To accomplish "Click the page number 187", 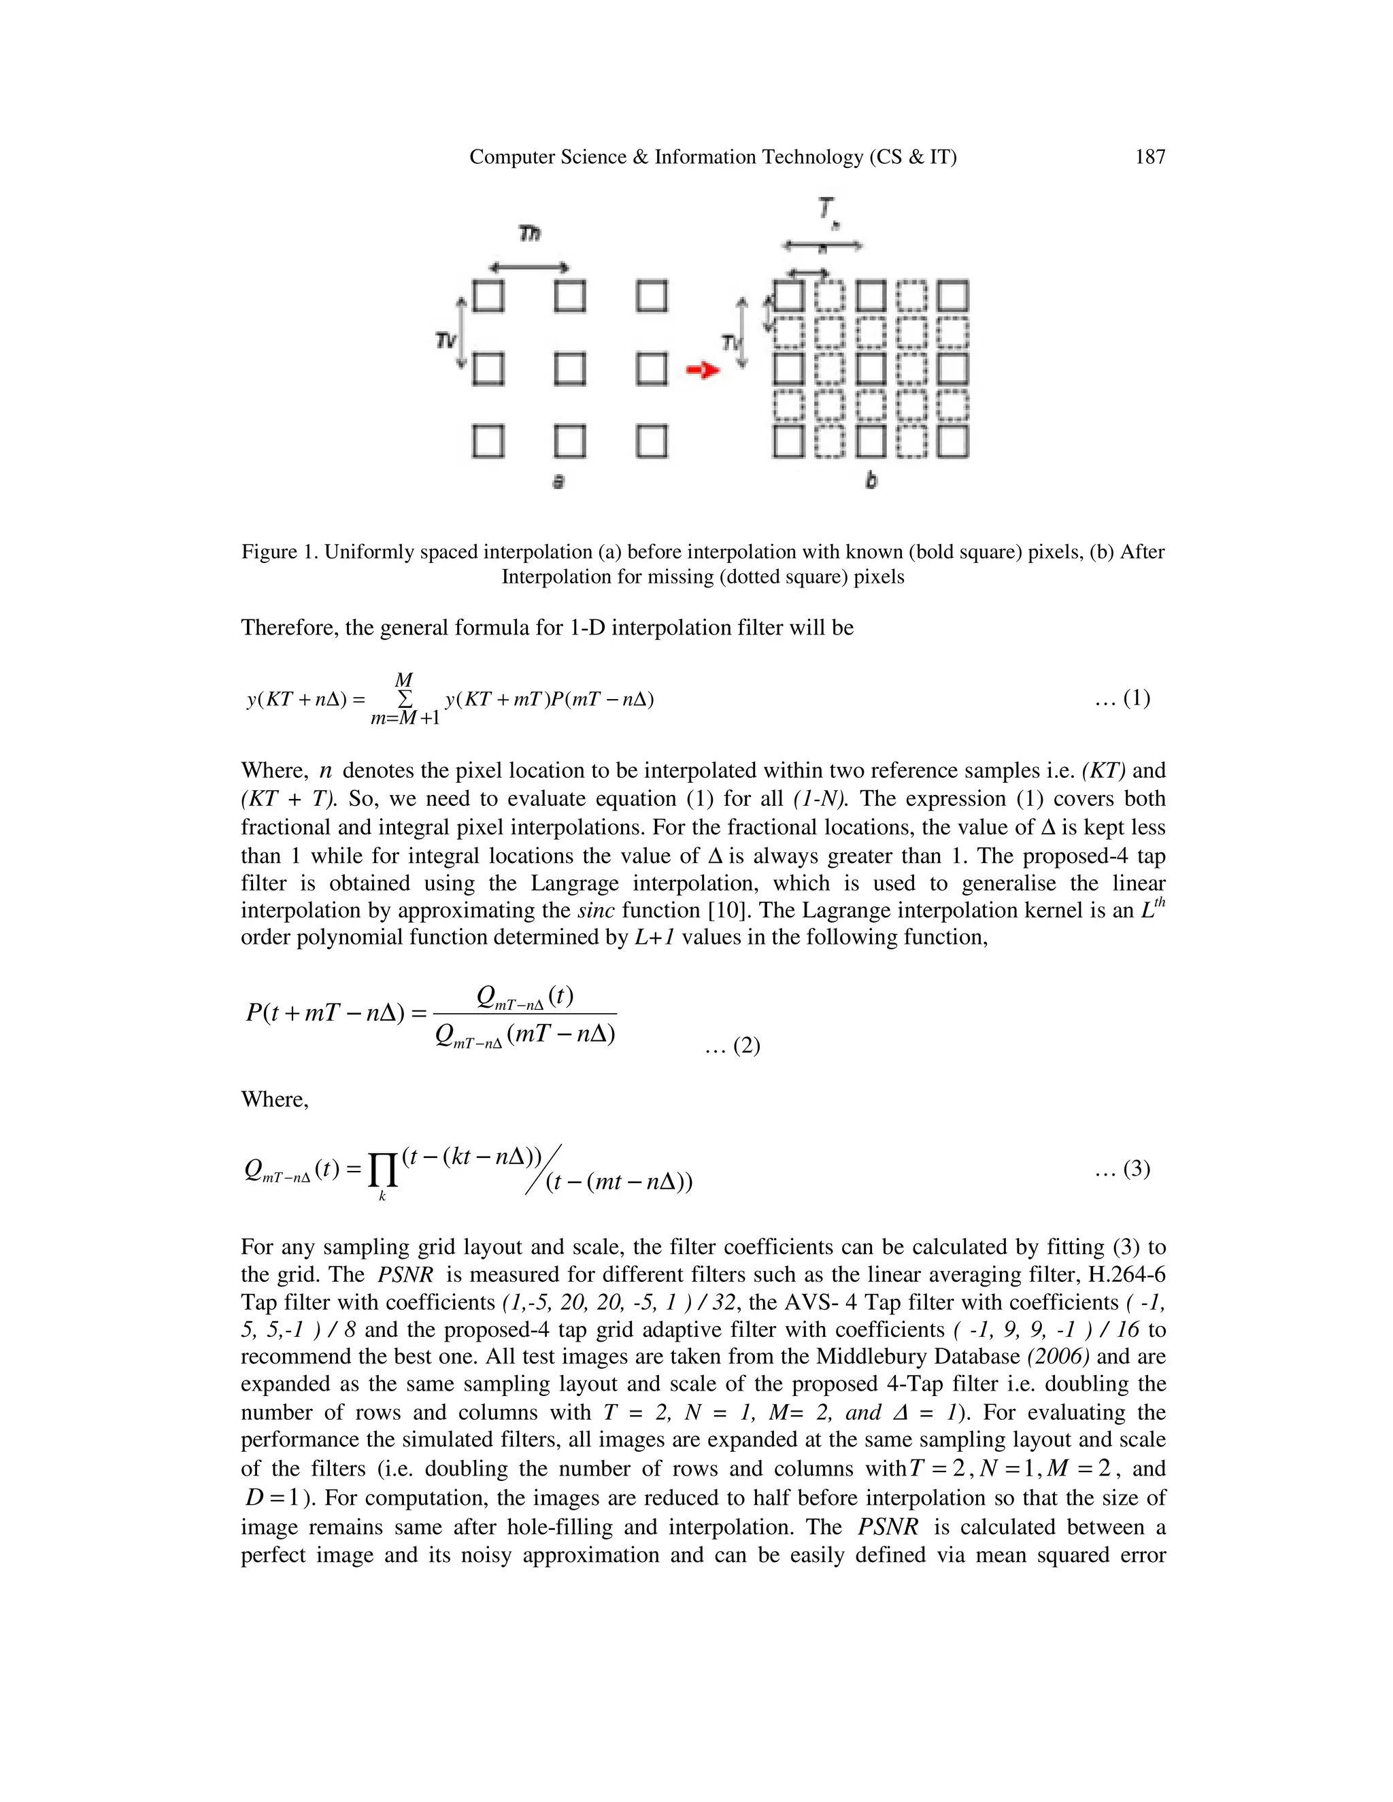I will click(x=1149, y=157).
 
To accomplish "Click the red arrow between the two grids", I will click(x=702, y=371).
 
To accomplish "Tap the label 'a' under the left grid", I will click(x=558, y=481).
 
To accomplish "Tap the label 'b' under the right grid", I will click(x=871, y=480).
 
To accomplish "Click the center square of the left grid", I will click(x=570, y=369).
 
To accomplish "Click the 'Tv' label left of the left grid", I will click(x=446, y=339).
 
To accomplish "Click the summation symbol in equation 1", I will click(x=405, y=699).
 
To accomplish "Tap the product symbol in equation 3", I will click(x=382, y=1169).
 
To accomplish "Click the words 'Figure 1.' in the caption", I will click(x=279, y=552).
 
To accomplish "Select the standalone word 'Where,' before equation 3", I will click(x=275, y=1100).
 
